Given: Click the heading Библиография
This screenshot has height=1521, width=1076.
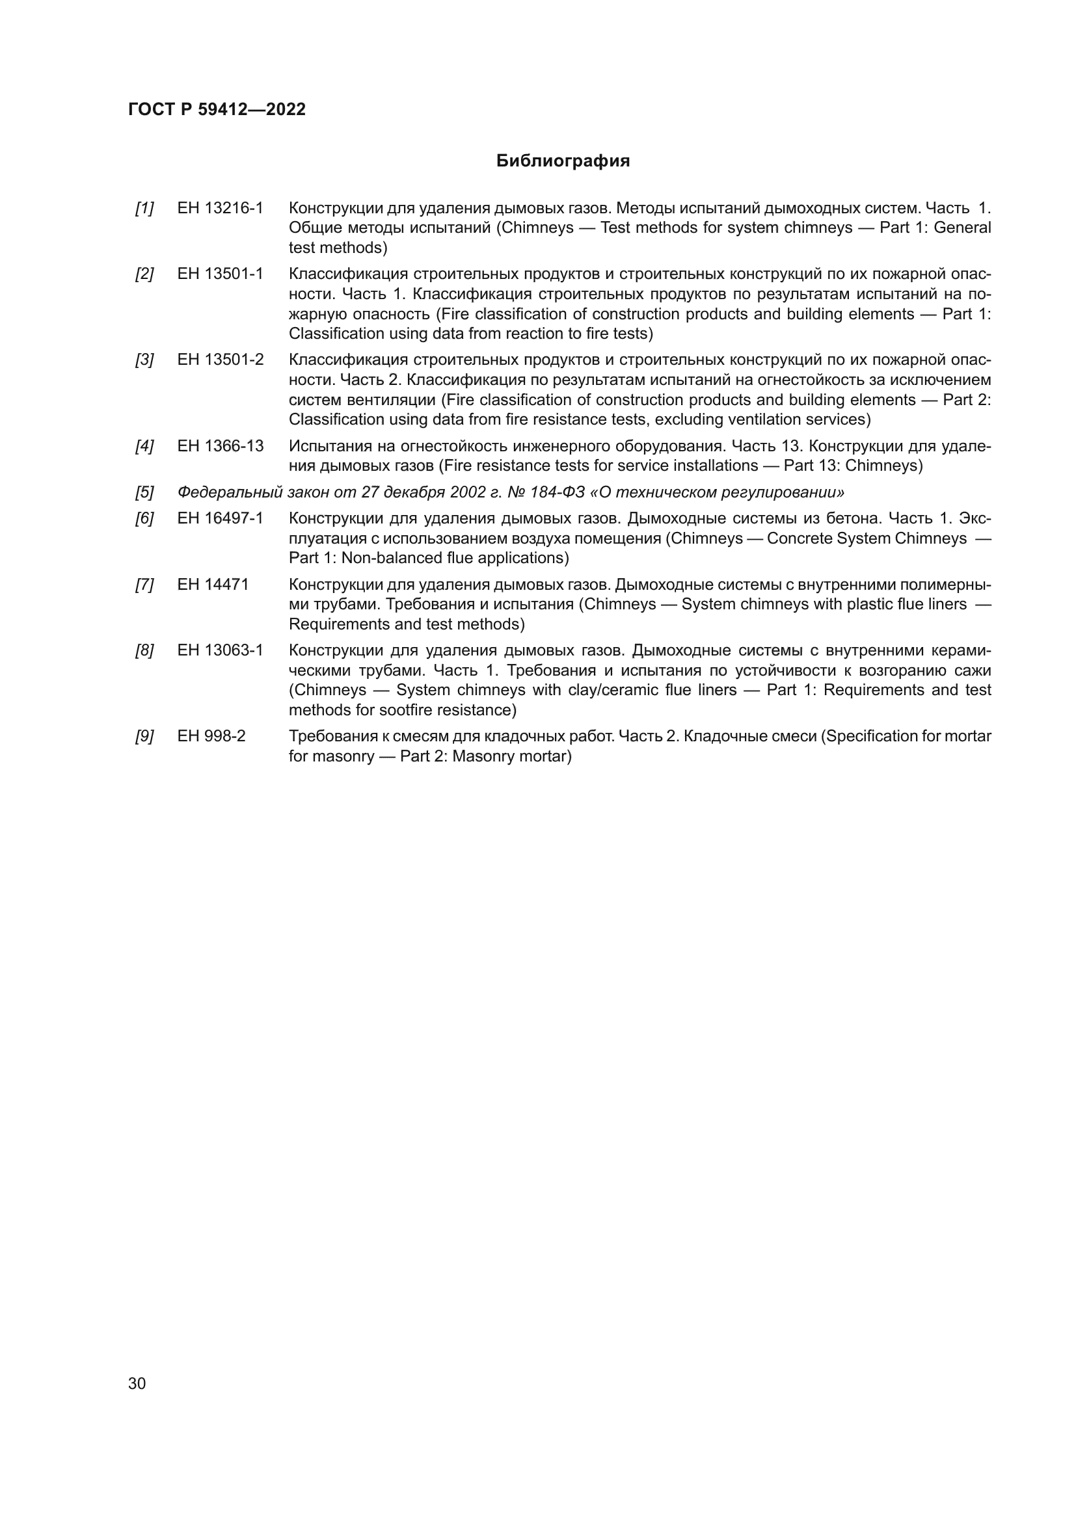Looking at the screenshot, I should click(563, 161).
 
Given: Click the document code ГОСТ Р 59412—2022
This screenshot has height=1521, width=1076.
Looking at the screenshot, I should click(217, 109).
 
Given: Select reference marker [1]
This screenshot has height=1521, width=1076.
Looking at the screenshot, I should click(144, 209).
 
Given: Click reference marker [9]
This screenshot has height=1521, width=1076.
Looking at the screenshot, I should click(144, 736).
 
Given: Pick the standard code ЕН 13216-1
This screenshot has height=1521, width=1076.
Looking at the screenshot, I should click(220, 209).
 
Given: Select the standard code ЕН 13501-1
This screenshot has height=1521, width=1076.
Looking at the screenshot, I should click(220, 274).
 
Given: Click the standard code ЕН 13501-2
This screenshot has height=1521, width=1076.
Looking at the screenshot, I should click(220, 360).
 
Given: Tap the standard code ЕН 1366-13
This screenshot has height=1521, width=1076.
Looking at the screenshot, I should click(220, 446).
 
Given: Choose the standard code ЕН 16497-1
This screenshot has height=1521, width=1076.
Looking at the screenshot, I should click(220, 518).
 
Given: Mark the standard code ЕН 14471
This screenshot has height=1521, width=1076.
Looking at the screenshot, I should click(213, 585).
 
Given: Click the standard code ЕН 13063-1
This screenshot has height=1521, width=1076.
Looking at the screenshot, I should click(220, 650).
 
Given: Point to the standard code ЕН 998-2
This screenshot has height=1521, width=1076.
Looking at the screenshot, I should click(211, 736).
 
